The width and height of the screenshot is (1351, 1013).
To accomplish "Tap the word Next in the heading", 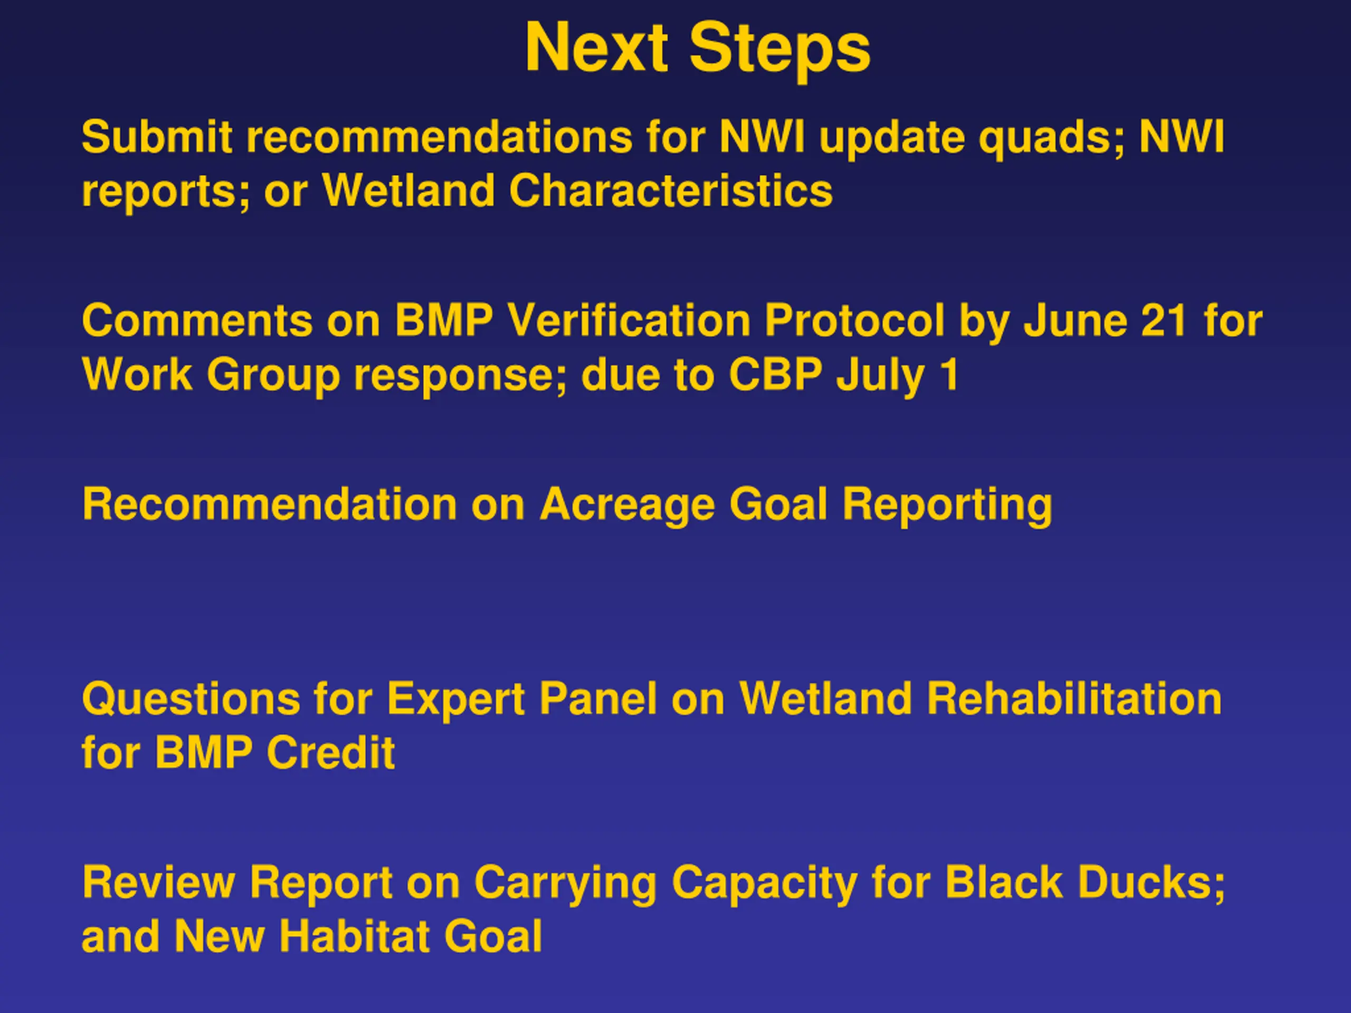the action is click(596, 47).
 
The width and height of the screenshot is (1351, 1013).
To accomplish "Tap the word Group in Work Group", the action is click(273, 378).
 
